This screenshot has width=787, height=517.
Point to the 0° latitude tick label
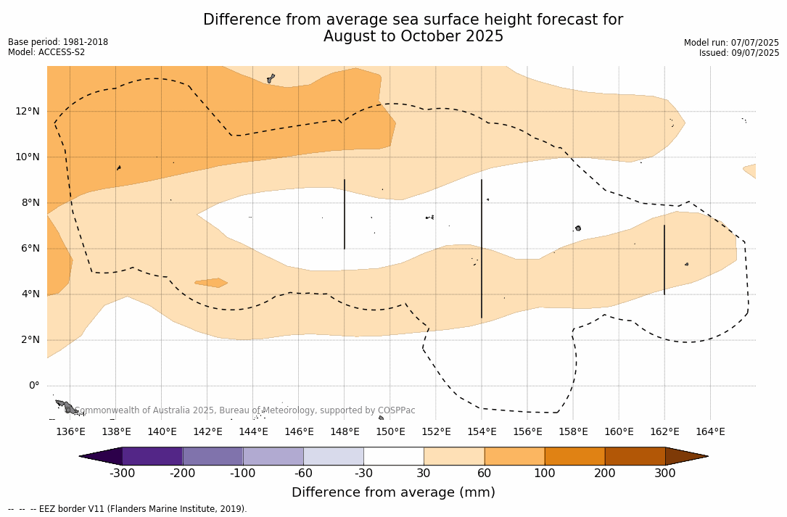point(33,386)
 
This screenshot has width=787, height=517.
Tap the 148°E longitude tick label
point(345,432)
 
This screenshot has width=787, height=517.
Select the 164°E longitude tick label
point(710,432)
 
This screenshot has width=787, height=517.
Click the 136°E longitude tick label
point(70,432)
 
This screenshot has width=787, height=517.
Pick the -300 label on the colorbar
point(122,473)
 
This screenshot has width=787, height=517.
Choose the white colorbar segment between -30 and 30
point(393,456)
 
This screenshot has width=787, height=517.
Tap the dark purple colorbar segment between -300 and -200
point(152,456)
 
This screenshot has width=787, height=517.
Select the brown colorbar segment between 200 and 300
point(635,456)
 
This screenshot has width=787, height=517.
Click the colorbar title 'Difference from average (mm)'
point(393,493)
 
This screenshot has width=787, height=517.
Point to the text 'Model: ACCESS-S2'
point(46,52)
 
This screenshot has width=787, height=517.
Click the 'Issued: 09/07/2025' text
point(739,53)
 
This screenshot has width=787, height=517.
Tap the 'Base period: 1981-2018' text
point(58,42)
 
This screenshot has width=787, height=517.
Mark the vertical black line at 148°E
point(345,214)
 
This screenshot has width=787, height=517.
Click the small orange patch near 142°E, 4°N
point(211,283)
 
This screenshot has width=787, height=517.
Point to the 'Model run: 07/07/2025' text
point(731,43)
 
